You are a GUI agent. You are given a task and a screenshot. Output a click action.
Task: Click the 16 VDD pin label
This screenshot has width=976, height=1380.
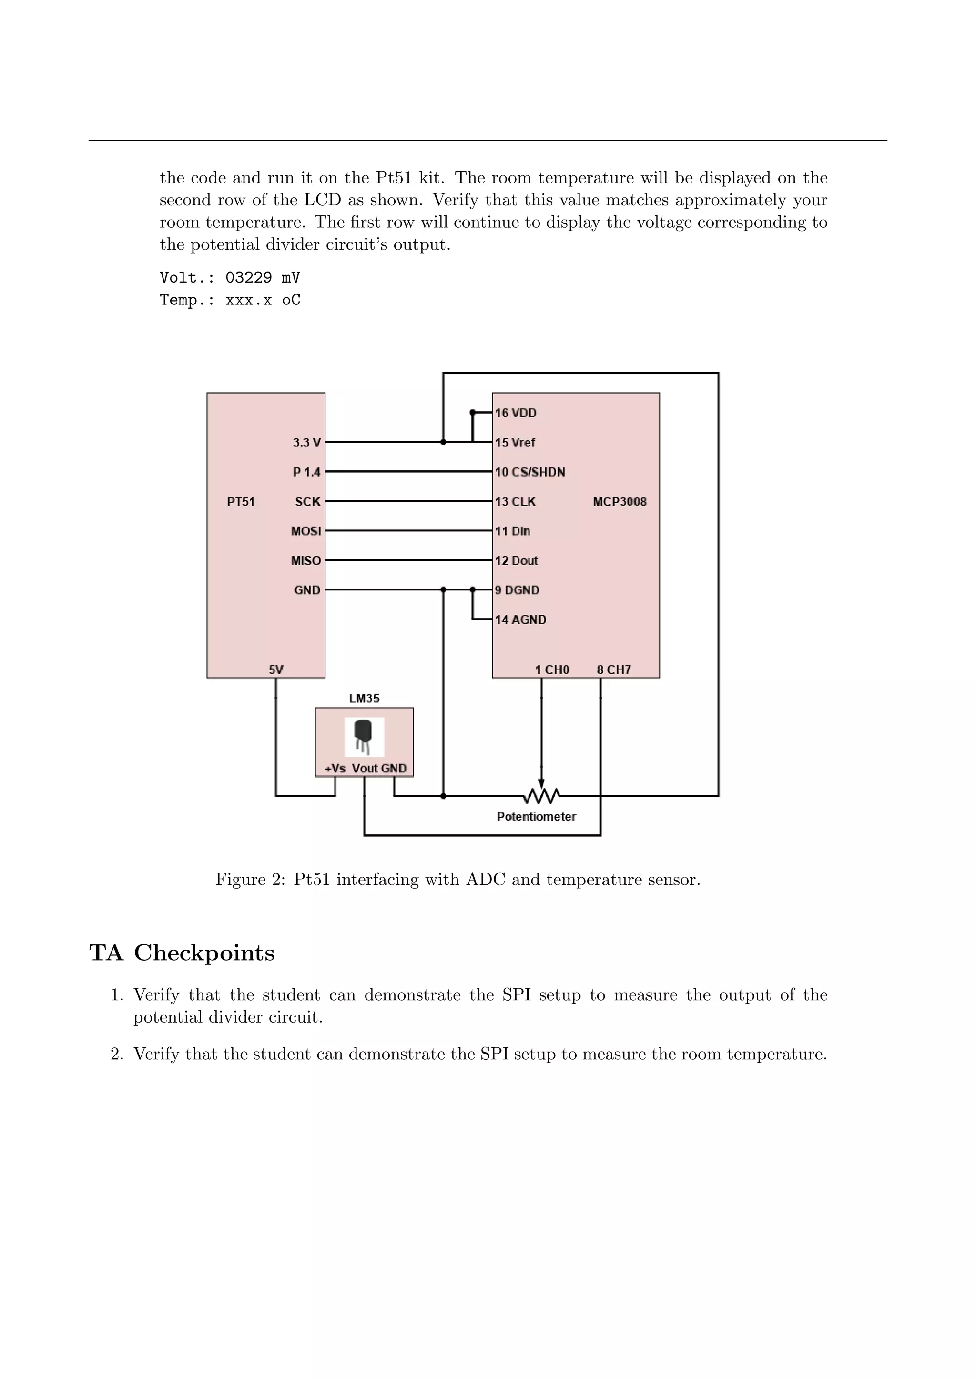(x=516, y=413)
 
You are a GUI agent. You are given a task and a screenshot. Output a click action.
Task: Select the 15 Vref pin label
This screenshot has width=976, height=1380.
(x=515, y=442)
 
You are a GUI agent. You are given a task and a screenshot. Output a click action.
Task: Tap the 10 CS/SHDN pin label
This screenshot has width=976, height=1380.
(x=529, y=472)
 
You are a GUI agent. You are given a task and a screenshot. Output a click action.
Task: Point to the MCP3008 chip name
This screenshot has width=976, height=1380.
(x=620, y=501)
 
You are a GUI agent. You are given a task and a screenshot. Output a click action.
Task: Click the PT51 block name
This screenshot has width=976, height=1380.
(x=241, y=501)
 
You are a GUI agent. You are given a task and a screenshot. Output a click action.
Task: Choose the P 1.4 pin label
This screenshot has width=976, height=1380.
(x=306, y=472)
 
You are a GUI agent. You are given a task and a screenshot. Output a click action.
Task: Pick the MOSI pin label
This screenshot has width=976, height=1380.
(x=306, y=531)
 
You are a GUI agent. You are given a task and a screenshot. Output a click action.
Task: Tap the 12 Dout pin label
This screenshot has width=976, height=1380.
(x=516, y=560)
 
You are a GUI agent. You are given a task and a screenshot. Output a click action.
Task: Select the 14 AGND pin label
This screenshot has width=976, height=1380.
(x=520, y=619)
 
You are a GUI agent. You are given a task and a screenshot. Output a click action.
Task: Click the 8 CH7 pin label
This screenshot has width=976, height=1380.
(x=614, y=670)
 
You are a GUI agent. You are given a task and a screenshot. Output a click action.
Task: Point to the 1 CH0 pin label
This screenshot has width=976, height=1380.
(x=552, y=670)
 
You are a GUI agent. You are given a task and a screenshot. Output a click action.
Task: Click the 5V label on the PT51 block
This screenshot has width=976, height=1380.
(x=276, y=670)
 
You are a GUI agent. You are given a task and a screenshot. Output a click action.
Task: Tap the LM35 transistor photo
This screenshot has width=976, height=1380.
(x=364, y=736)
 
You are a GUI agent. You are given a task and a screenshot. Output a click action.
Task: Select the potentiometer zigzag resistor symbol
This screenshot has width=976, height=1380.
(x=541, y=796)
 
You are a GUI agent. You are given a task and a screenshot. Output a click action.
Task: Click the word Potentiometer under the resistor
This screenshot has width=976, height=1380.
(x=536, y=816)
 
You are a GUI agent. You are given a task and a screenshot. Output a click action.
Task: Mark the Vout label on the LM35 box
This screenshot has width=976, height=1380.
(x=364, y=768)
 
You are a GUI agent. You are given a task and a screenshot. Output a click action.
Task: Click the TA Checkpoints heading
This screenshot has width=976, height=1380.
(x=182, y=953)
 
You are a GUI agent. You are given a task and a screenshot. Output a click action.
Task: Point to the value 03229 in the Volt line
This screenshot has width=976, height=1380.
(x=248, y=278)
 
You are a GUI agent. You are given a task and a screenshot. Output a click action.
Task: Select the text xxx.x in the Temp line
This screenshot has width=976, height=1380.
(x=248, y=300)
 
